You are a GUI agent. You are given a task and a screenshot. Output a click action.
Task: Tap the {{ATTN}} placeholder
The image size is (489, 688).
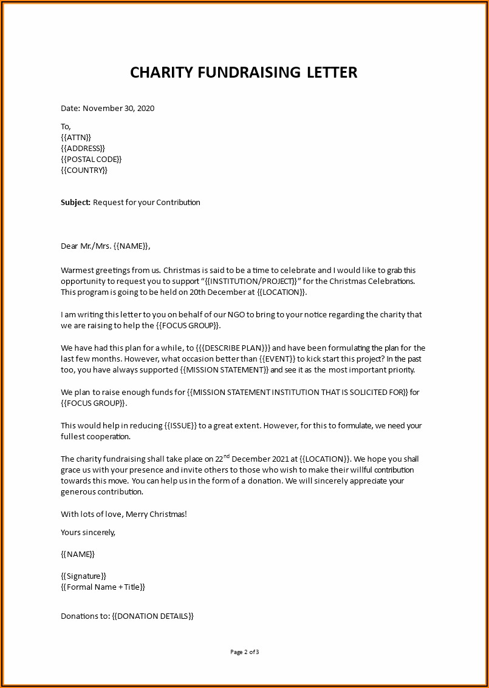(76, 138)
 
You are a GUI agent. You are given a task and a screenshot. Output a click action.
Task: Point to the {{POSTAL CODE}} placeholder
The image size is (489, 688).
(91, 160)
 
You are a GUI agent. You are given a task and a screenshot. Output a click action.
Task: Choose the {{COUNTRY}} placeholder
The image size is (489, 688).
(84, 170)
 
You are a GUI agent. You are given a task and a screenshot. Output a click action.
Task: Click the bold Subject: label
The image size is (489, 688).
(75, 202)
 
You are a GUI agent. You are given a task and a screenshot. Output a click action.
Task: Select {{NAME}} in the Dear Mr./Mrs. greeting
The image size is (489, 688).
(131, 246)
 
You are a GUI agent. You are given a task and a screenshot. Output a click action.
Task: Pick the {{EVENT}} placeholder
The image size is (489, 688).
(273, 359)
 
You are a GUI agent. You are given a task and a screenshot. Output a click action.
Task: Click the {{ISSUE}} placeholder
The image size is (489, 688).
(180, 426)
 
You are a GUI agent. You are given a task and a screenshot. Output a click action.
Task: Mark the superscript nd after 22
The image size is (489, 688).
(227, 456)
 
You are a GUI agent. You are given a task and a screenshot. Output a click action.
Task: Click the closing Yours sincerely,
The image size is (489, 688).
(88, 533)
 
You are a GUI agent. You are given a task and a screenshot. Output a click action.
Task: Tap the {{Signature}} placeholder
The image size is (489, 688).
(84, 576)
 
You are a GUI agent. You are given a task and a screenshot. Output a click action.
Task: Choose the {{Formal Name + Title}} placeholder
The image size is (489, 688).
(103, 587)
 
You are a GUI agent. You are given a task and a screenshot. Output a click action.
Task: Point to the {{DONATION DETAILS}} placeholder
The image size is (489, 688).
(152, 616)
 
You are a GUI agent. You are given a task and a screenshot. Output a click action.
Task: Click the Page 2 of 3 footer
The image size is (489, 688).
(245, 652)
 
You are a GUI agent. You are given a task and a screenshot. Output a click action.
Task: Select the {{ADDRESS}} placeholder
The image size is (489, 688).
(83, 149)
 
